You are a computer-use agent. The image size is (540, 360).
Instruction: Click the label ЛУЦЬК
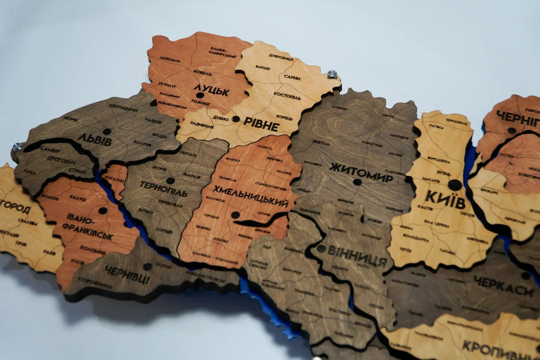click(211, 90)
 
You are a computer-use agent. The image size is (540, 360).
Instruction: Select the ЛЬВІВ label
click(95, 140)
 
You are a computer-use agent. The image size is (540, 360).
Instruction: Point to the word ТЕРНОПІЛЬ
click(163, 189)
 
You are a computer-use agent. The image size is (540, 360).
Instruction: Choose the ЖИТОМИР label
click(361, 172)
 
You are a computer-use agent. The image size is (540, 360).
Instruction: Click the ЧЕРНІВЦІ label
click(127, 275)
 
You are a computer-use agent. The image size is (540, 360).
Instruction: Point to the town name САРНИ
click(292, 77)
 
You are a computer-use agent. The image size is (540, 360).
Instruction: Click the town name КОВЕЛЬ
click(202, 73)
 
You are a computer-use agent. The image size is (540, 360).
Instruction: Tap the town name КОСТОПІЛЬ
click(287, 98)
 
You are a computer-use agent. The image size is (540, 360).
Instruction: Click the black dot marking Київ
click(454, 185)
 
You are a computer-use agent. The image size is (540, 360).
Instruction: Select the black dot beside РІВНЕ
click(235, 119)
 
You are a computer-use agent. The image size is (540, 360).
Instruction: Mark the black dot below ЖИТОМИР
click(357, 182)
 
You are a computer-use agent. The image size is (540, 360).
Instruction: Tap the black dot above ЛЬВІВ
click(107, 131)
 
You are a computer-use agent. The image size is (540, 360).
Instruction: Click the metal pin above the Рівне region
click(332, 74)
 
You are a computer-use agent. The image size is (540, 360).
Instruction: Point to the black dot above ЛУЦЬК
click(200, 95)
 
